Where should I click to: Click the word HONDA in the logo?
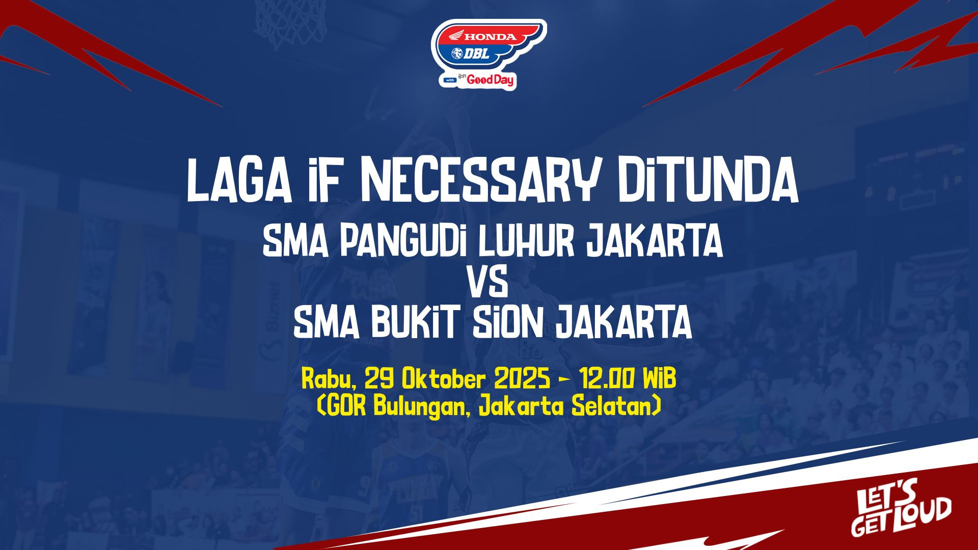point(490,37)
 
